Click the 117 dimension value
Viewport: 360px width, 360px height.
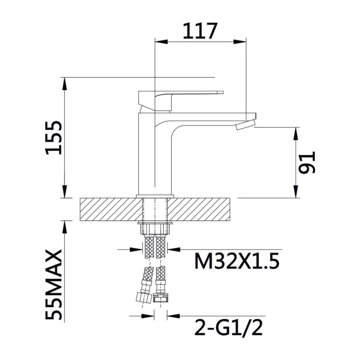200,31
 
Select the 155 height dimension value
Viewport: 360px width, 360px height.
54,138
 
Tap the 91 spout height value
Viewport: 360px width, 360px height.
307,162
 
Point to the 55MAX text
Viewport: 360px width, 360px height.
54,285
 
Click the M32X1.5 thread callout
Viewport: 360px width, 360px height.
237,261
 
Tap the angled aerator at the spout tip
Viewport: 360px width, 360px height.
245,125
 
